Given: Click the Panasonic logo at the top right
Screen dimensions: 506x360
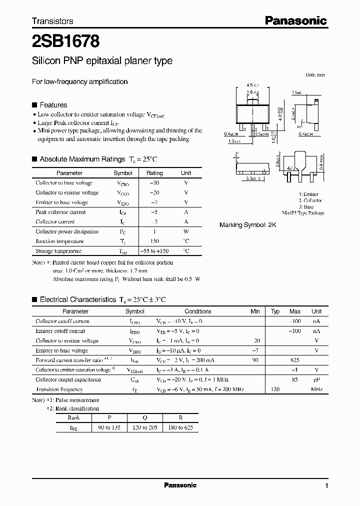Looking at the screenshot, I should click(295, 20).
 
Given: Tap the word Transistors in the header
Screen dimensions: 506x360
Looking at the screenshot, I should click(52, 21).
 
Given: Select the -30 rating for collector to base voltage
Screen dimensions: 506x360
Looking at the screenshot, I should click(154, 183).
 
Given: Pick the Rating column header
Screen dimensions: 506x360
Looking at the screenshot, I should click(154, 173).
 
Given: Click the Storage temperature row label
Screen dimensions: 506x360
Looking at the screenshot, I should click(58, 251).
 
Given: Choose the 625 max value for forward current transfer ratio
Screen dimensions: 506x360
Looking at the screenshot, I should click(294, 360).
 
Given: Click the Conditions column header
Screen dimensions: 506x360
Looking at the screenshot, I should click(198, 311).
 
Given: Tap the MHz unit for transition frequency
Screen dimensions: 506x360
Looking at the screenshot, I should click(316, 389).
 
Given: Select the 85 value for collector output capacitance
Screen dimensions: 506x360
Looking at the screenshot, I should click(295, 379).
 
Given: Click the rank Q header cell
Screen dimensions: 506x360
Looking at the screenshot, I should click(143, 418).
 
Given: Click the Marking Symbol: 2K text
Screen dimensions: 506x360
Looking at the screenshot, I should click(247, 225).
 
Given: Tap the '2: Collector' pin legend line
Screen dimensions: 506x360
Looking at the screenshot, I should click(310, 200).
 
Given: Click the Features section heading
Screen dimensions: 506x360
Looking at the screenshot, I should click(53, 105).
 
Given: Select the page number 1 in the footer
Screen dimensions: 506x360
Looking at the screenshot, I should click(326, 485).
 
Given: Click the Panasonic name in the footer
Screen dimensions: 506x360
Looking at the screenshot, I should click(180, 485).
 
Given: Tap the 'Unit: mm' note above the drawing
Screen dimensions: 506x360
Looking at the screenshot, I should click(315, 74).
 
